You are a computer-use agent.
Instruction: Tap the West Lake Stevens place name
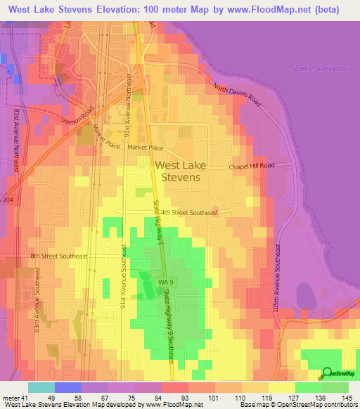click(177, 171)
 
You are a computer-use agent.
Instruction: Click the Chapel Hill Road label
click(261, 167)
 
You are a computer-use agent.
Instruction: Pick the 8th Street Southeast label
click(58, 257)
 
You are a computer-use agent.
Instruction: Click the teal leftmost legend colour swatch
click(41, 387)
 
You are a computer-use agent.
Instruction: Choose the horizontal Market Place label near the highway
click(145, 148)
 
